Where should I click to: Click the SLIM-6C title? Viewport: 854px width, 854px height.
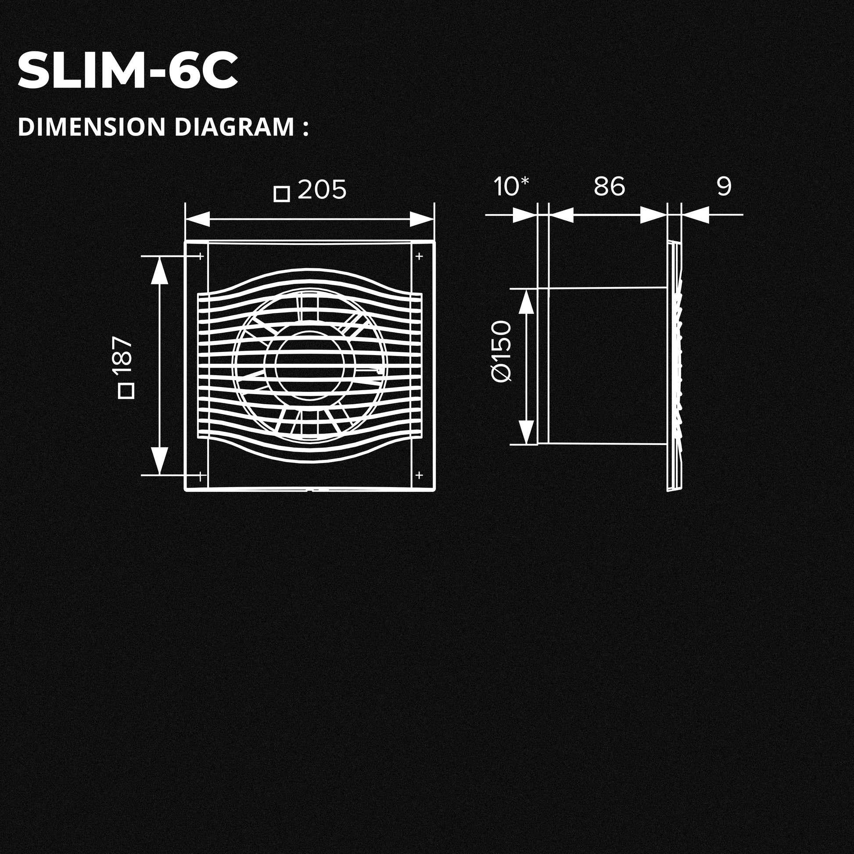(x=128, y=70)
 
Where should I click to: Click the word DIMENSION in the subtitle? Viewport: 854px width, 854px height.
(x=92, y=127)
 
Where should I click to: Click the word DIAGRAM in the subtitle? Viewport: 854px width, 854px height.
(x=234, y=127)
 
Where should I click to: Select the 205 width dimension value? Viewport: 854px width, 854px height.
(x=322, y=190)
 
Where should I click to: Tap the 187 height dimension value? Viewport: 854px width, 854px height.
(x=122, y=355)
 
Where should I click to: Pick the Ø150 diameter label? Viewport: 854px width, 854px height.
(x=501, y=352)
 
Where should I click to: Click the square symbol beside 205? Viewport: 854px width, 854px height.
(x=282, y=194)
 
